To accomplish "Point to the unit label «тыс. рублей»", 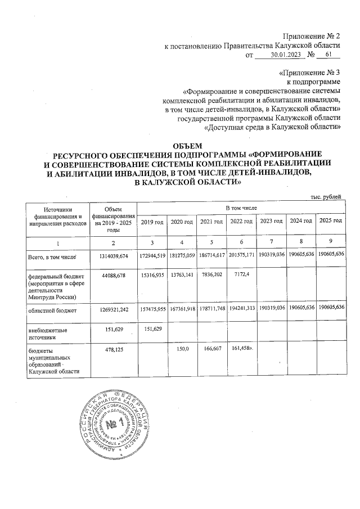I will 326,196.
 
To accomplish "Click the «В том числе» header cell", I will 241,208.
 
